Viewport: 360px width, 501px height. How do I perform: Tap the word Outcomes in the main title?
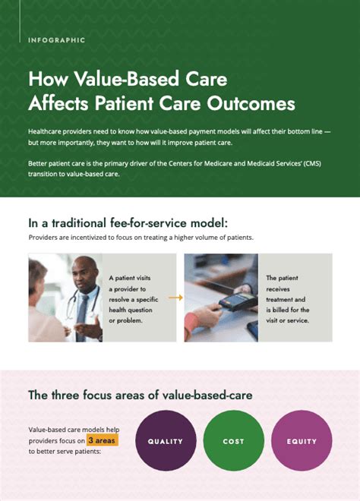point(250,102)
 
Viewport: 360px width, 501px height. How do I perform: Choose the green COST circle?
point(233,441)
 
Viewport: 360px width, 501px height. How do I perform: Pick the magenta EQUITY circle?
point(302,441)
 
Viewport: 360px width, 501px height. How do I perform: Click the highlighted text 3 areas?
point(101,440)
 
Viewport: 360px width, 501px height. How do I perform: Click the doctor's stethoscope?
point(73,307)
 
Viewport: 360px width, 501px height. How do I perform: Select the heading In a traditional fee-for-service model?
point(128,223)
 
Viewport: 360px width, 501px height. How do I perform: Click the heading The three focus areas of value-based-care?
point(141,395)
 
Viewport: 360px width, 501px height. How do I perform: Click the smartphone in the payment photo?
point(252,330)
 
